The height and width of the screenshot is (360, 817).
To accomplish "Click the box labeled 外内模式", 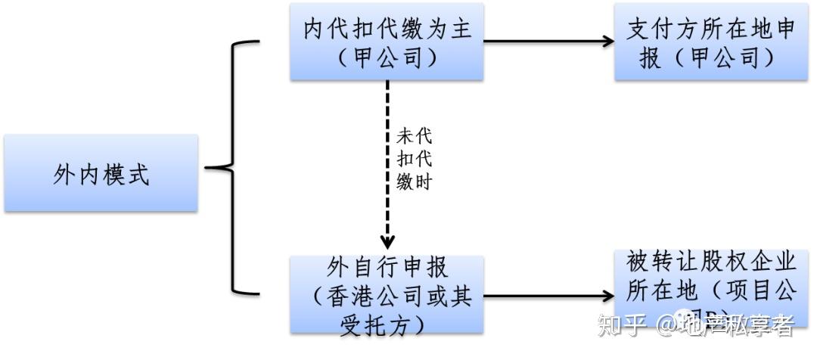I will point(101,173).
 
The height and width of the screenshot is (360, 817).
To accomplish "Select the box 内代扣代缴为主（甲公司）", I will point(387,42).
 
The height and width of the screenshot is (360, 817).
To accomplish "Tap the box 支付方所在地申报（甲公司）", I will point(711,42).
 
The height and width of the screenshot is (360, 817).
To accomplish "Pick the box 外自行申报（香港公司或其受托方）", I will point(387,295).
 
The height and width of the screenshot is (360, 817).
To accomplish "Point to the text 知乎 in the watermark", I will point(622,325).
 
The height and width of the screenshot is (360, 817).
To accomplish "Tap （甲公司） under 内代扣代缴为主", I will point(387,57).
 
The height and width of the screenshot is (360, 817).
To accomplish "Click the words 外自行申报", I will point(387,268).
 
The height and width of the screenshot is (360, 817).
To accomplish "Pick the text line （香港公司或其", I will point(387,296).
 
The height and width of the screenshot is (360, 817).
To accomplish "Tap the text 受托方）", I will point(387,322).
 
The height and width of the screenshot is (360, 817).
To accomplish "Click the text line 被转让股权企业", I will point(711,262).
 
